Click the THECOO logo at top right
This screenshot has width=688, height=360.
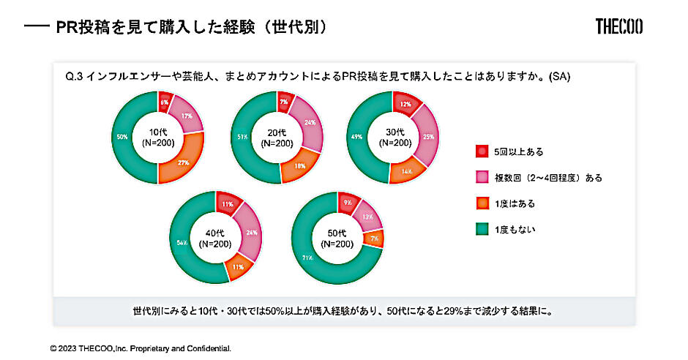619,27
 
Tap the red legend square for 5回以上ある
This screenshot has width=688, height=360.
482,151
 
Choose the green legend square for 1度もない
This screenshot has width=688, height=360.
482,230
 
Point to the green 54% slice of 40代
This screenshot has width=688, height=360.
181,241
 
